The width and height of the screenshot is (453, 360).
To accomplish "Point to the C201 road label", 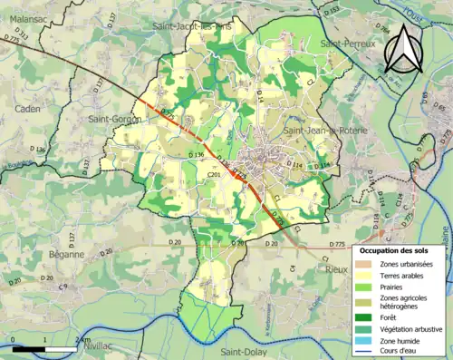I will (x=214, y=174).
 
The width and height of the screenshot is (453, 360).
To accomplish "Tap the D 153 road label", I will (x=333, y=10).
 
